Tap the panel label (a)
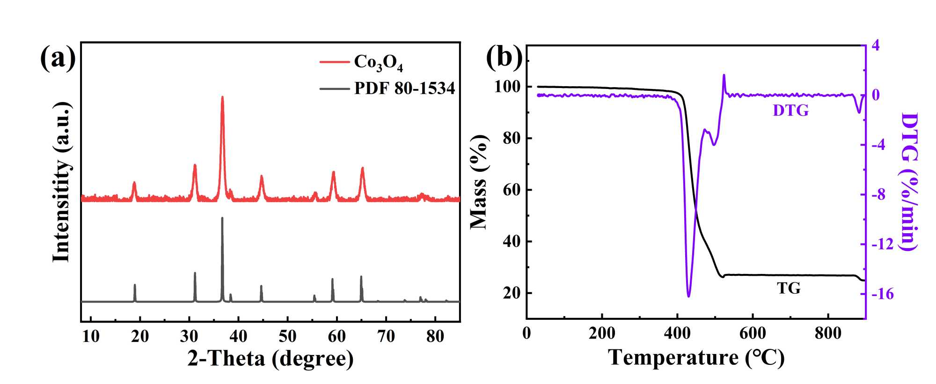58,58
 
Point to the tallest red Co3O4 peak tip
222,97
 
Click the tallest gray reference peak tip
222,218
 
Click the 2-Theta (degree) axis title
271,359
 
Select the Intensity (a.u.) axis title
61,182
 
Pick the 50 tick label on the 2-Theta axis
287,336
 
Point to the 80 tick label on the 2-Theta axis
435,336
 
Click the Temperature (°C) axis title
696,358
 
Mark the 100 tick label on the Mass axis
507,87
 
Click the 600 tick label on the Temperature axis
753,333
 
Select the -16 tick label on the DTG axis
882,294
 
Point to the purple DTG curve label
790,111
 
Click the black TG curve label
789,288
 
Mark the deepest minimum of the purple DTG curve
688,296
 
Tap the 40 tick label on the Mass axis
512,242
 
